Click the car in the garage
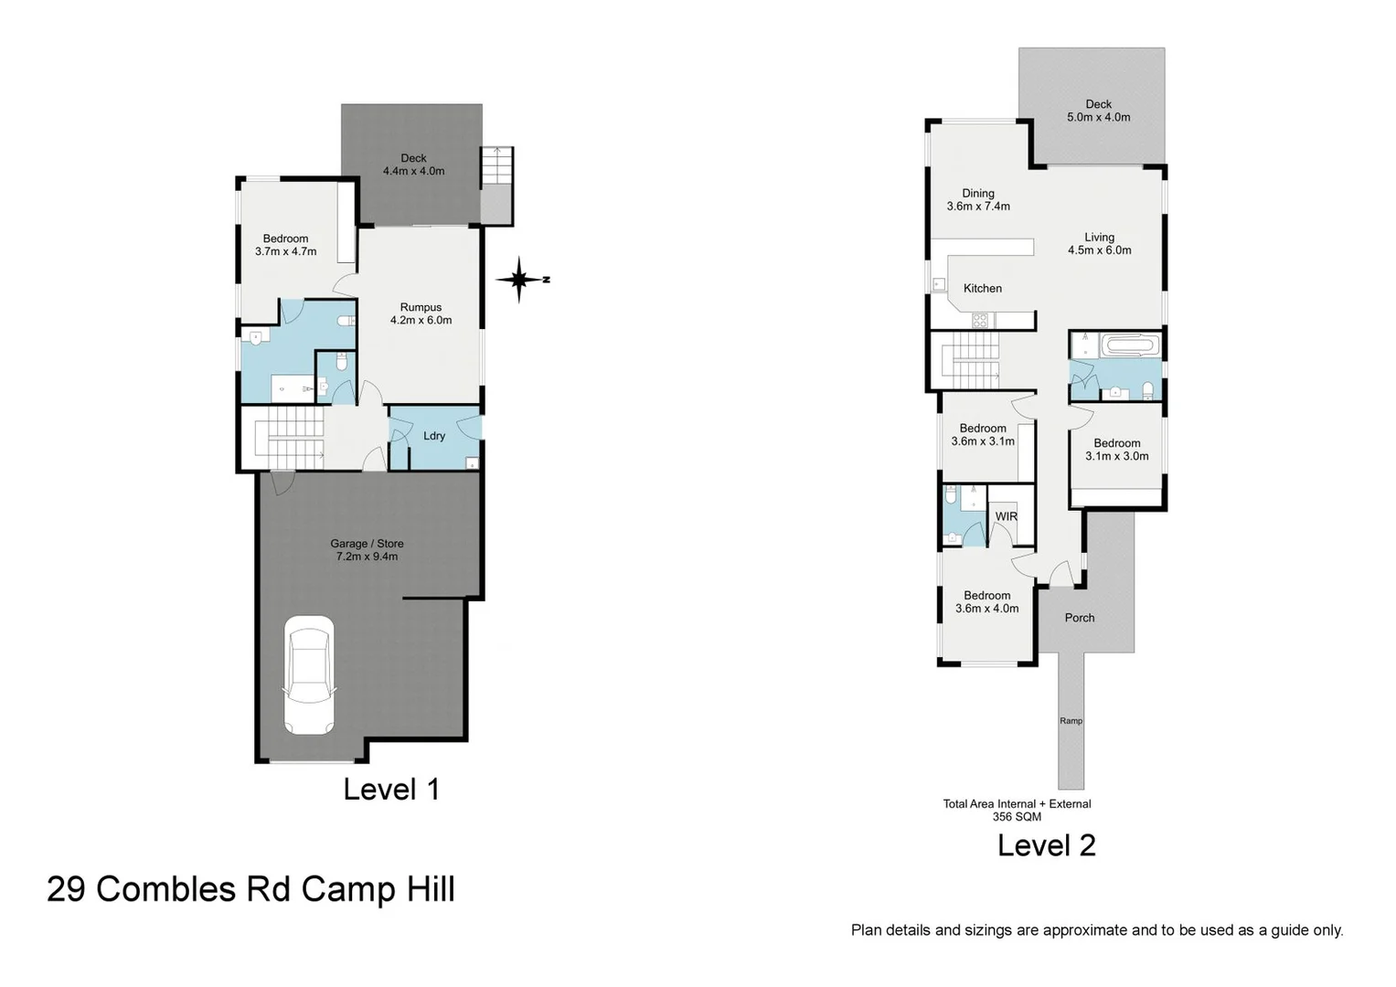click(x=308, y=675)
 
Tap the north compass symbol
click(x=520, y=280)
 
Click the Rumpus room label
click(x=421, y=308)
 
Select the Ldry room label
click(x=434, y=436)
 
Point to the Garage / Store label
click(x=367, y=544)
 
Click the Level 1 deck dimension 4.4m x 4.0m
click(x=413, y=172)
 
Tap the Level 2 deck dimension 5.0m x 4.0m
click(x=1098, y=118)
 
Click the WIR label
click(x=1006, y=517)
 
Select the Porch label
click(x=1079, y=619)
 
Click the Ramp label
click(x=1071, y=721)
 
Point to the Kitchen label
click(x=982, y=289)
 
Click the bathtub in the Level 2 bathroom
click(x=1131, y=346)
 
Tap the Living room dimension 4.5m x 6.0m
click(x=1099, y=250)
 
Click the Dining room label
click(x=977, y=194)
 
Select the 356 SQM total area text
click(x=1017, y=817)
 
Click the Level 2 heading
click(x=1046, y=845)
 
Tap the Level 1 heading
click(x=391, y=790)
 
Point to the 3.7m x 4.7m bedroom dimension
click(x=285, y=251)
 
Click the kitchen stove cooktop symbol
click(x=979, y=321)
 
